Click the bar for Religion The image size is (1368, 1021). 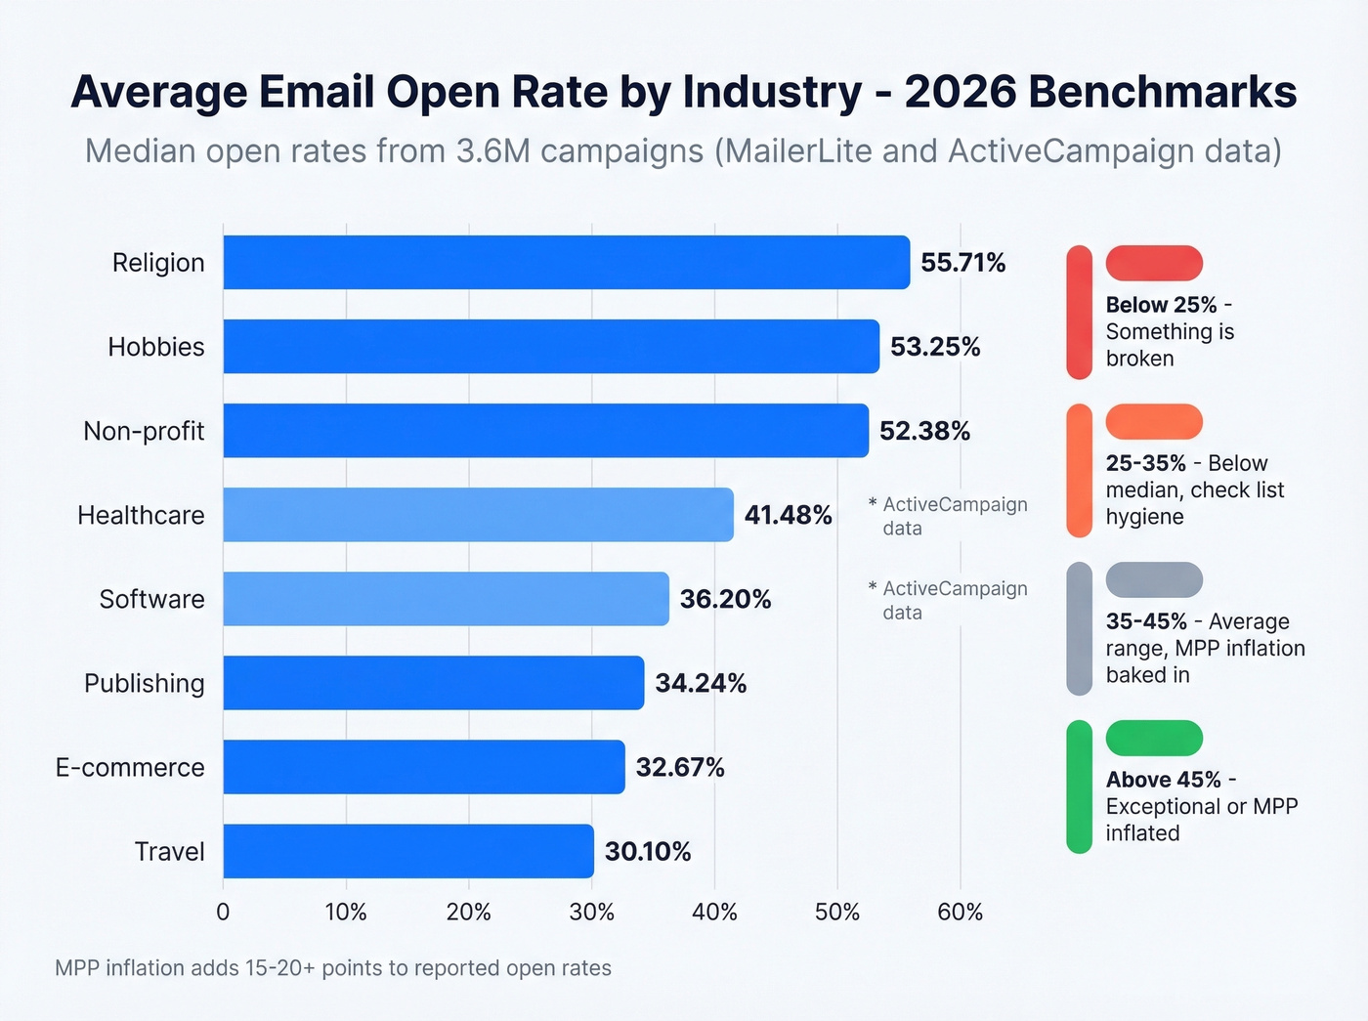[x=566, y=262]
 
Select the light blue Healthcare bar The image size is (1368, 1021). [x=478, y=515]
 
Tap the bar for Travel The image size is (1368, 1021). [x=407, y=851]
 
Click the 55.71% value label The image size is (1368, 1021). [x=962, y=263]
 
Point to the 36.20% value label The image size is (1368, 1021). [x=725, y=599]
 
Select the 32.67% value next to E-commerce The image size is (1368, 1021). [x=680, y=768]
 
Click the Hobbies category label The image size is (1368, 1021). [x=156, y=347]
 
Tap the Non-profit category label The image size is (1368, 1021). [x=144, y=431]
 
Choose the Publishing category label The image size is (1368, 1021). [x=145, y=683]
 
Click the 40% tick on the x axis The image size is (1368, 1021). [x=714, y=912]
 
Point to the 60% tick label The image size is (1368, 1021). [x=960, y=912]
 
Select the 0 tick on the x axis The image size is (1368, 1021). [x=223, y=912]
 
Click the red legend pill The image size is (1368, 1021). [x=1154, y=263]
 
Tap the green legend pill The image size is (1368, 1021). [x=1154, y=738]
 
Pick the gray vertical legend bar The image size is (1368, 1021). [x=1079, y=628]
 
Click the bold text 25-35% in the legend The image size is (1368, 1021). [x=1145, y=463]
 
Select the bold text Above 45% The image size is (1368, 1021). [x=1163, y=780]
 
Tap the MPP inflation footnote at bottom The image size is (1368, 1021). [x=333, y=968]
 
